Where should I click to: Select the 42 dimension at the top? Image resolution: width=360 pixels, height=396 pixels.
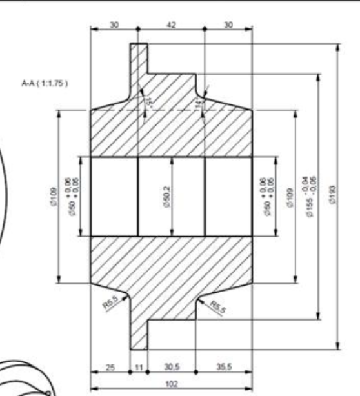(171, 24)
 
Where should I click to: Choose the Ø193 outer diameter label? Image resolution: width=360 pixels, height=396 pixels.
(330, 195)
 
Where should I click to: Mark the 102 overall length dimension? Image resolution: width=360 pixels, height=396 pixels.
(171, 382)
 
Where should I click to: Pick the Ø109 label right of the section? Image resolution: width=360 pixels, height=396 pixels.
(290, 195)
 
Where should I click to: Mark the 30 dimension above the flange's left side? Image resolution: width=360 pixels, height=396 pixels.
(114, 24)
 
